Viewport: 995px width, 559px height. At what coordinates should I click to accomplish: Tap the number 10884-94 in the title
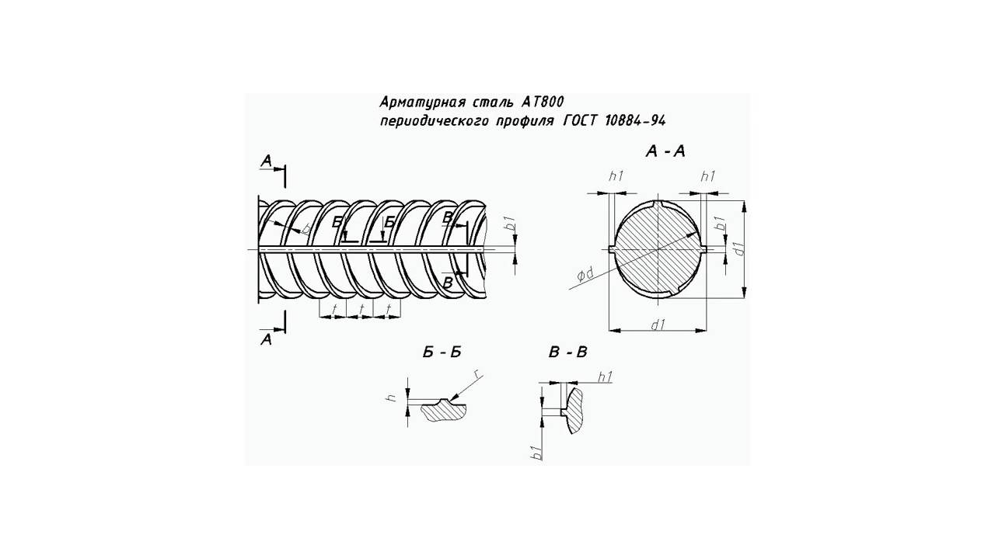(x=635, y=120)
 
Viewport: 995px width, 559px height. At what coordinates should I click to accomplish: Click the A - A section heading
(x=665, y=151)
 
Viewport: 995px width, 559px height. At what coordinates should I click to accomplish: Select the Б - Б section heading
(x=442, y=352)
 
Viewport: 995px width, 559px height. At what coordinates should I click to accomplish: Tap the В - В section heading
(x=568, y=352)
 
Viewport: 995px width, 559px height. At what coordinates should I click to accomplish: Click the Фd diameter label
(x=585, y=275)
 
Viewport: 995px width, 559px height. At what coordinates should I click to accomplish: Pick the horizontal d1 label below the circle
(x=658, y=325)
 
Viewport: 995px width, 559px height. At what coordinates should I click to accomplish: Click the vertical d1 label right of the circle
(x=739, y=248)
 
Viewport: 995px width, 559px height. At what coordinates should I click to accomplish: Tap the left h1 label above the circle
(x=616, y=176)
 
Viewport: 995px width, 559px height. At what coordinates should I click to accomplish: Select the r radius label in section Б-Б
(x=477, y=375)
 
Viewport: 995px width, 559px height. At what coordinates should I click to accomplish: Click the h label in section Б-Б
(x=392, y=398)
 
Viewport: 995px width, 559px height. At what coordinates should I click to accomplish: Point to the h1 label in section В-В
(x=605, y=377)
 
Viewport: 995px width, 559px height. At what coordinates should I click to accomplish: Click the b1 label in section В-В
(x=537, y=453)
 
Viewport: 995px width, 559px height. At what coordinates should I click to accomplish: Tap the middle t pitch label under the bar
(x=361, y=308)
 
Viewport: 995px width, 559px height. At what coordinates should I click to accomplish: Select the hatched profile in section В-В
(x=574, y=411)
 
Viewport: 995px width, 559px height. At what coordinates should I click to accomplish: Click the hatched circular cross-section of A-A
(x=658, y=250)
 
